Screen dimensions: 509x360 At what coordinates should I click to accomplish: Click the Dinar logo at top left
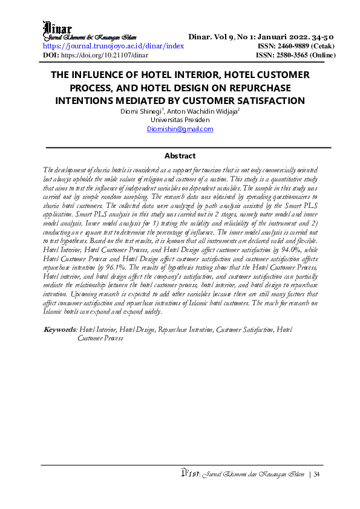(57, 28)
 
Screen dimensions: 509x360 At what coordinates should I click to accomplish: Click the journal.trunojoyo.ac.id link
(113, 46)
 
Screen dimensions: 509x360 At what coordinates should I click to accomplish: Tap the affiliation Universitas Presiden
(180, 120)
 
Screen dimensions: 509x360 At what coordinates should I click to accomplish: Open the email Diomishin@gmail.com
(180, 129)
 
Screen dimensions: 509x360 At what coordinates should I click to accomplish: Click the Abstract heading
(180, 155)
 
